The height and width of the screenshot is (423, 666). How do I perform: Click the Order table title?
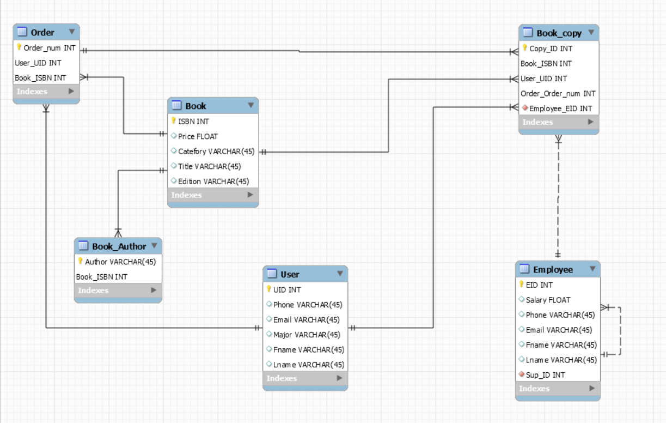click(x=42, y=33)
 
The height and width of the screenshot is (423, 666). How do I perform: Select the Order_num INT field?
click(x=49, y=48)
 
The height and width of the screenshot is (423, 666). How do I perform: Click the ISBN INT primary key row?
click(x=193, y=122)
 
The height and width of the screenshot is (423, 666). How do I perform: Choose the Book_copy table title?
click(x=559, y=33)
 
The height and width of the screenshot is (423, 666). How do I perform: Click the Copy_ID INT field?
click(x=551, y=49)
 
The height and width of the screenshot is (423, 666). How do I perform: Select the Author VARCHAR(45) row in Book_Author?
click(x=120, y=262)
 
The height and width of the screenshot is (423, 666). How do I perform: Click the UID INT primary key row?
click(x=291, y=290)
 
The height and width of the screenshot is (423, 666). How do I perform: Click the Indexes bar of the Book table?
click(x=212, y=195)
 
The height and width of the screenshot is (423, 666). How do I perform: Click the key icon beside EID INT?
click(x=522, y=285)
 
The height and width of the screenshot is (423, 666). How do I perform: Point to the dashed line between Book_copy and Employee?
click(x=558, y=196)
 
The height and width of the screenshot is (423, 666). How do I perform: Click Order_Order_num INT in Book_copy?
click(x=558, y=93)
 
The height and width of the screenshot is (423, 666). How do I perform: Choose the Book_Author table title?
click(x=119, y=246)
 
